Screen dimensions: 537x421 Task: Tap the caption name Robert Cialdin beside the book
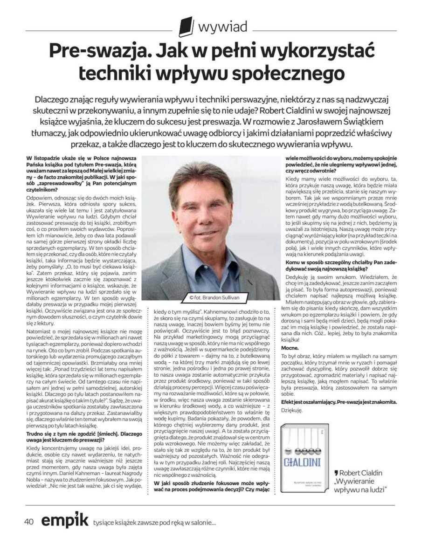[362, 472]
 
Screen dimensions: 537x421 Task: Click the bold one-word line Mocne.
[290, 348]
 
